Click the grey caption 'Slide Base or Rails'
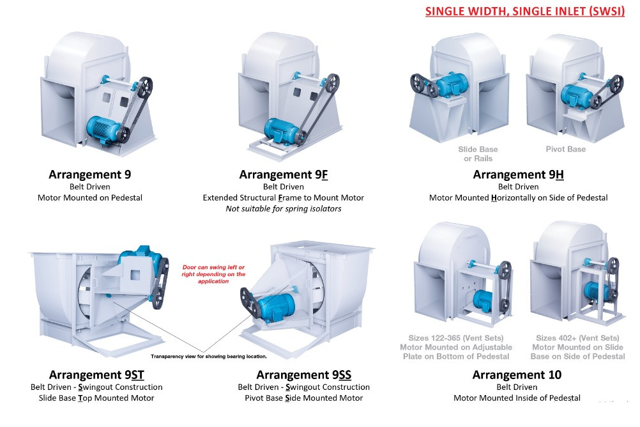click(x=478, y=154)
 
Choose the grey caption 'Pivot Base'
click(x=565, y=150)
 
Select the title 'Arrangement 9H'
click(x=518, y=175)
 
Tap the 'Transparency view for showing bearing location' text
click(x=209, y=356)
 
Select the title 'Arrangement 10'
click(x=517, y=375)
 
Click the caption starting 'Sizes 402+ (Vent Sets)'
click(x=577, y=347)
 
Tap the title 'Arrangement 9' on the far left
click(x=90, y=175)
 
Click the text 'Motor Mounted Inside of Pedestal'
click(x=517, y=398)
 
